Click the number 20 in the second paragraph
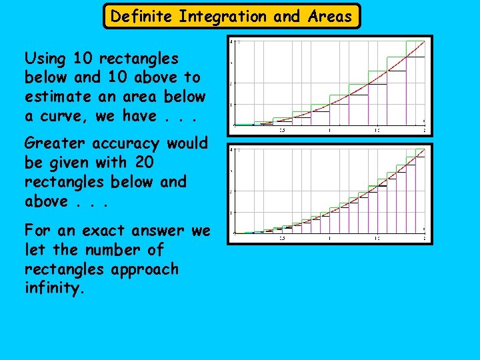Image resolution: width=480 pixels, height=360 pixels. (143, 163)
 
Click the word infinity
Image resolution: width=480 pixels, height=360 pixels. (55, 289)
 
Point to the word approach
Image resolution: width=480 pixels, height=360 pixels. (146, 269)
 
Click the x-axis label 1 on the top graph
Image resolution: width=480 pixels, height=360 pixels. (329, 130)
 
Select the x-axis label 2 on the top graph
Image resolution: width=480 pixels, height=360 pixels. (424, 130)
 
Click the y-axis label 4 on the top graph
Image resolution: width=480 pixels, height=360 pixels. (231, 42)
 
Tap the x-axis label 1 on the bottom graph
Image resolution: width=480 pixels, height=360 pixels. (329, 238)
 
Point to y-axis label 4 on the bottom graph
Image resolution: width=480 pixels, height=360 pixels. (231, 150)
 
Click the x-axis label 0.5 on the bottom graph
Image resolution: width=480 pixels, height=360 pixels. (281, 238)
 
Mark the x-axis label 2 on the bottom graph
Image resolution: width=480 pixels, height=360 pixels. (424, 238)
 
